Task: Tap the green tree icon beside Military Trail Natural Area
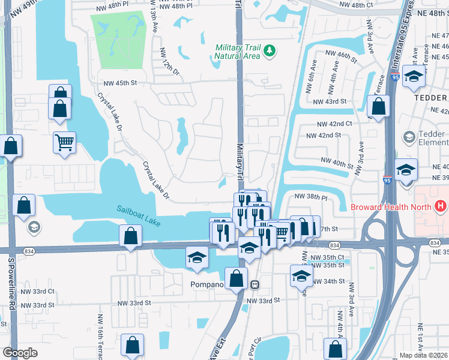click(270, 50)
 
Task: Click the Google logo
click(20, 353)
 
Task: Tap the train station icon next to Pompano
click(255, 284)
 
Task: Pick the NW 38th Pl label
click(310, 197)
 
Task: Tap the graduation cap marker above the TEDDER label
click(414, 77)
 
